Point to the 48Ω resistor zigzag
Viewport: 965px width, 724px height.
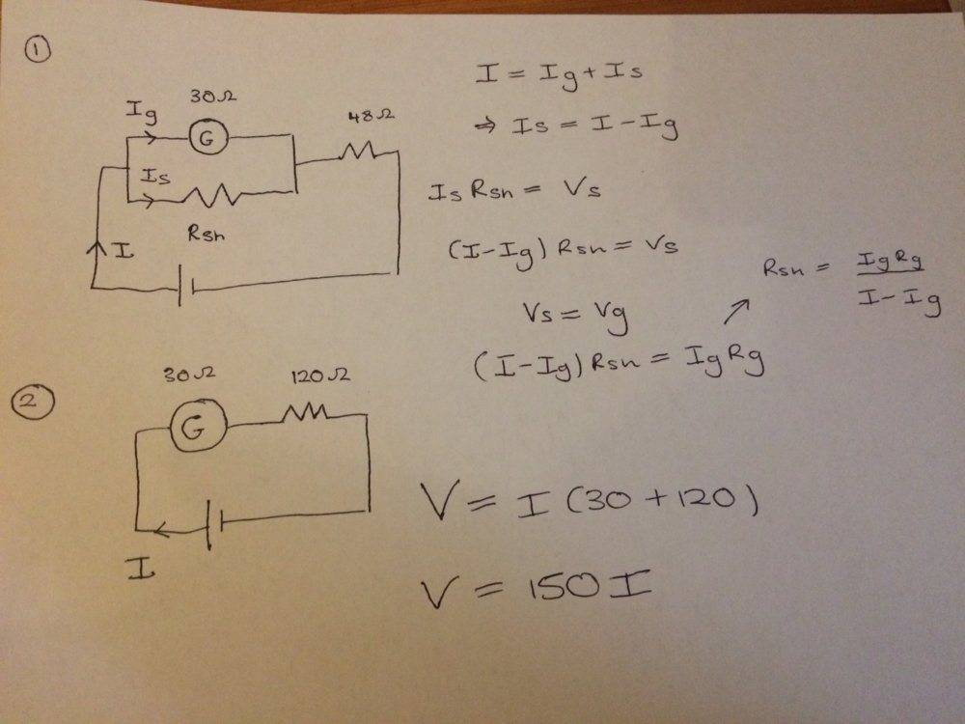tap(365, 152)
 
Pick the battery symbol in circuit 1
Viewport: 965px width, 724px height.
tap(185, 288)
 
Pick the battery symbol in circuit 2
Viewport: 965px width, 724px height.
tap(213, 524)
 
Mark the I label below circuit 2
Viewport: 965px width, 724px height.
tap(141, 570)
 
